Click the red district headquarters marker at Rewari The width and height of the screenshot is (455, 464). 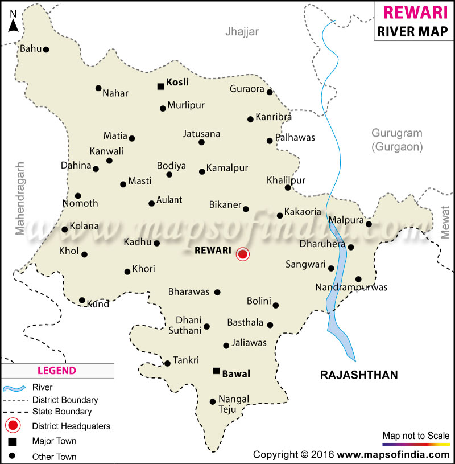pyautogui.click(x=243, y=254)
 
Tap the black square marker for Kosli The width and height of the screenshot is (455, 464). pyautogui.click(x=160, y=87)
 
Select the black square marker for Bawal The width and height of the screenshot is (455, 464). pyautogui.click(x=216, y=371)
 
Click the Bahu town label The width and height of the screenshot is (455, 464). pyautogui.click(x=30, y=49)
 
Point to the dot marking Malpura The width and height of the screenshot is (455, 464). pyautogui.click(x=369, y=224)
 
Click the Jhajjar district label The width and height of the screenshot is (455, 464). pyautogui.click(x=242, y=32)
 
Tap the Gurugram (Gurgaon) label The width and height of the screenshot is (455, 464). pyautogui.click(x=397, y=139)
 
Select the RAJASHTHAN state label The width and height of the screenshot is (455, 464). pyautogui.click(x=359, y=375)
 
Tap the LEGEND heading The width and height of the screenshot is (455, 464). pyautogui.click(x=56, y=371)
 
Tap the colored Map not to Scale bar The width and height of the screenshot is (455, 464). pyautogui.click(x=416, y=444)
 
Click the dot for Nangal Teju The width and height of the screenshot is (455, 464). pyautogui.click(x=213, y=401)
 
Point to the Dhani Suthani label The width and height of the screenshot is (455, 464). pyautogui.click(x=188, y=325)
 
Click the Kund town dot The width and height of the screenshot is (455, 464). pyautogui.click(x=82, y=300)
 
